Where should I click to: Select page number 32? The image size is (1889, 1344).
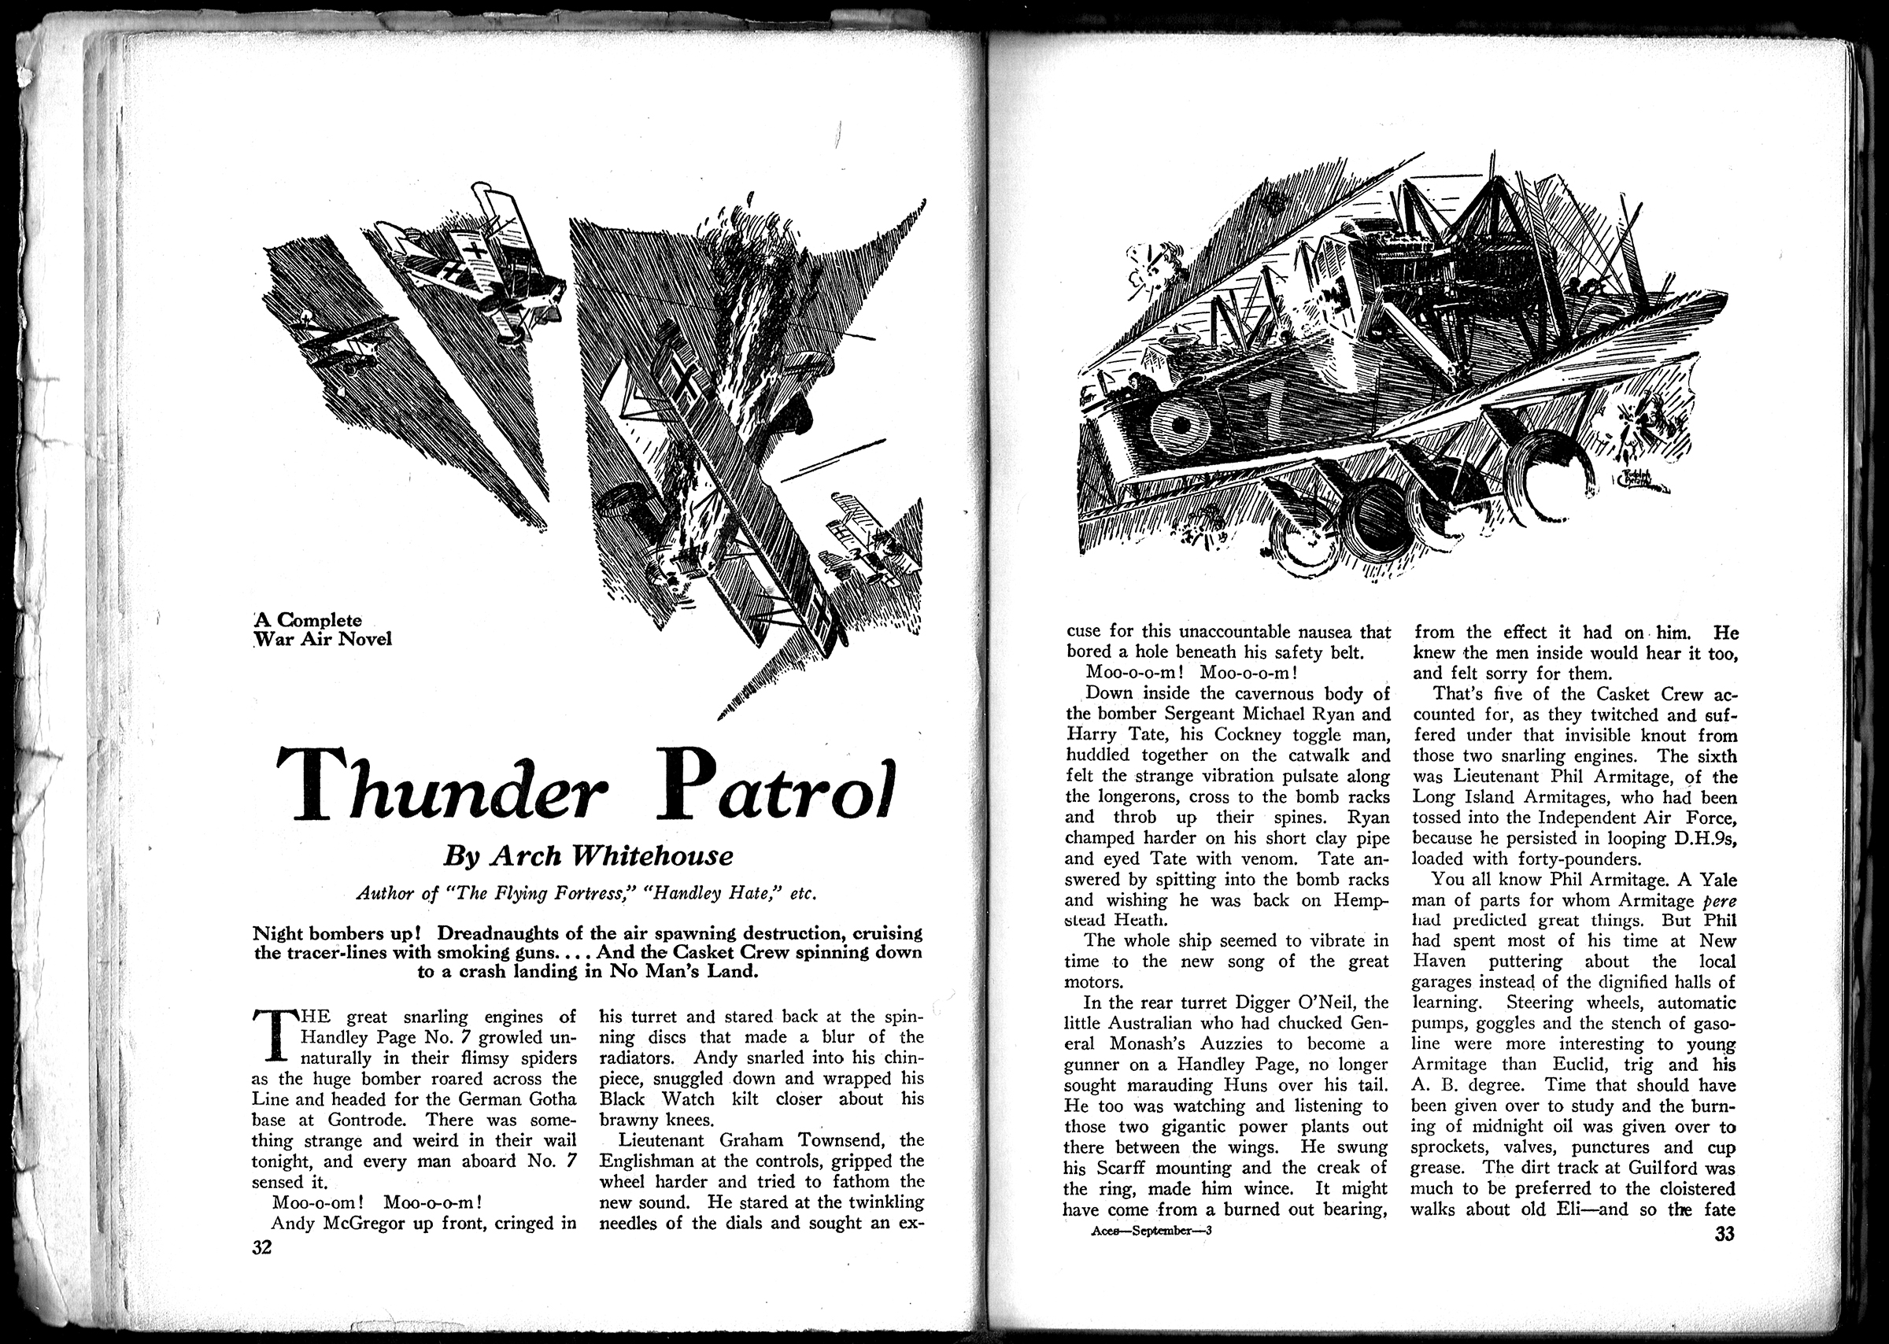click(x=261, y=1247)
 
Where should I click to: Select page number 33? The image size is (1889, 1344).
click(x=1724, y=1234)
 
